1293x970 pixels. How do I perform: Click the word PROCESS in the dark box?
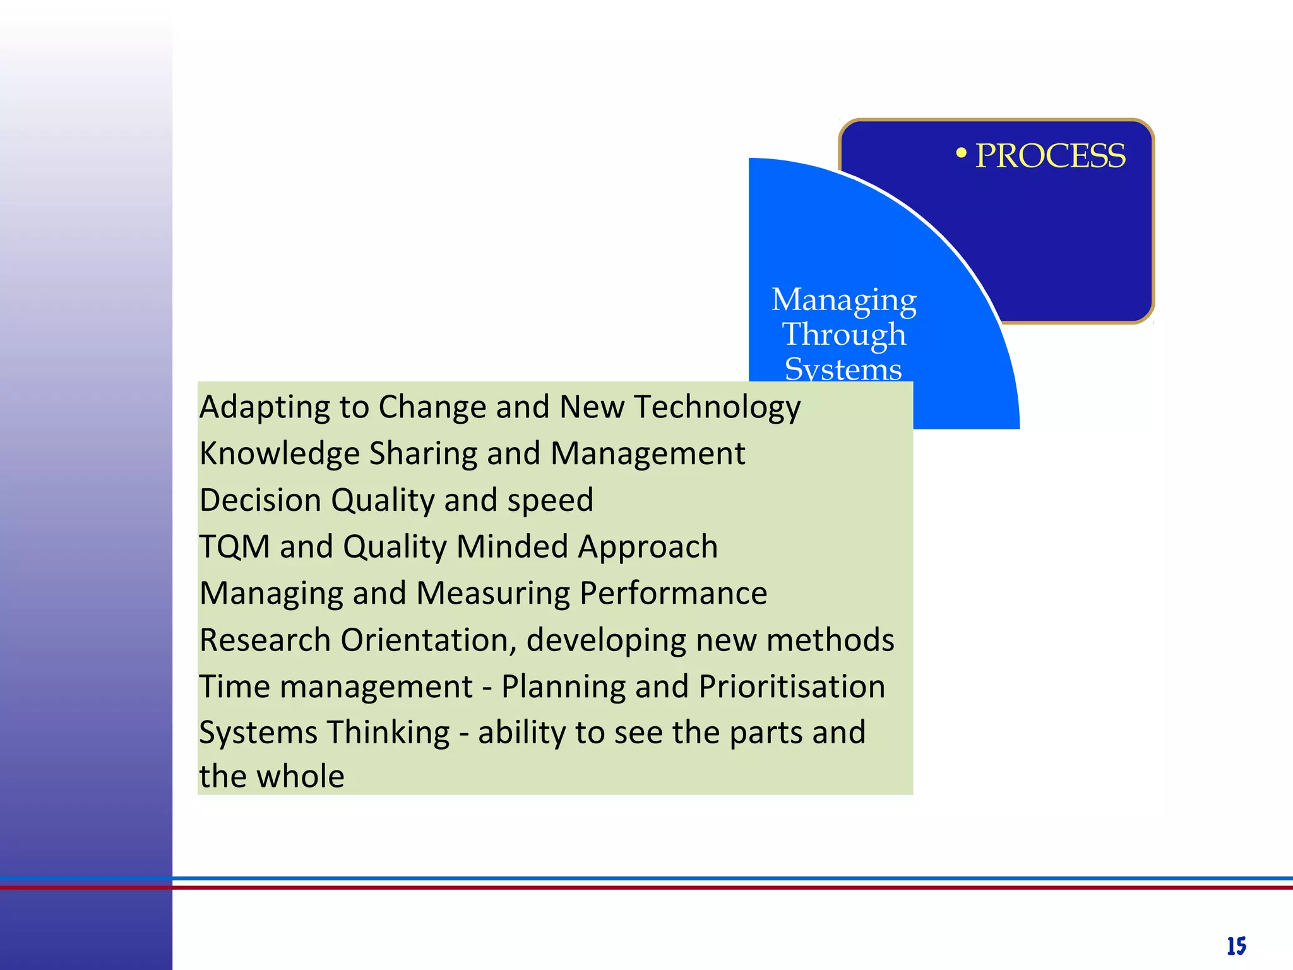(x=1050, y=156)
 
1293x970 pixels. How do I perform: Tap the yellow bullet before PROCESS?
(x=961, y=153)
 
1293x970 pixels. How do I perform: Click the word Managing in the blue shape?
(x=843, y=300)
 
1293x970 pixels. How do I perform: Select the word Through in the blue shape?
(x=844, y=335)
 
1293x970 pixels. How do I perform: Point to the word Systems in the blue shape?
(x=843, y=369)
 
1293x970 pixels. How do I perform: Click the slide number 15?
(x=1236, y=946)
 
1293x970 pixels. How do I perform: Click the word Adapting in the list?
(x=265, y=407)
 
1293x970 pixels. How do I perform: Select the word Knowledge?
(x=279, y=454)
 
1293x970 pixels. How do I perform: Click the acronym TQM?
(x=235, y=546)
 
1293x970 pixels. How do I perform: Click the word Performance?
(x=673, y=594)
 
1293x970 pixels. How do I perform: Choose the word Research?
(x=265, y=640)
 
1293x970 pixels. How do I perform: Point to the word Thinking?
(x=388, y=733)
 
